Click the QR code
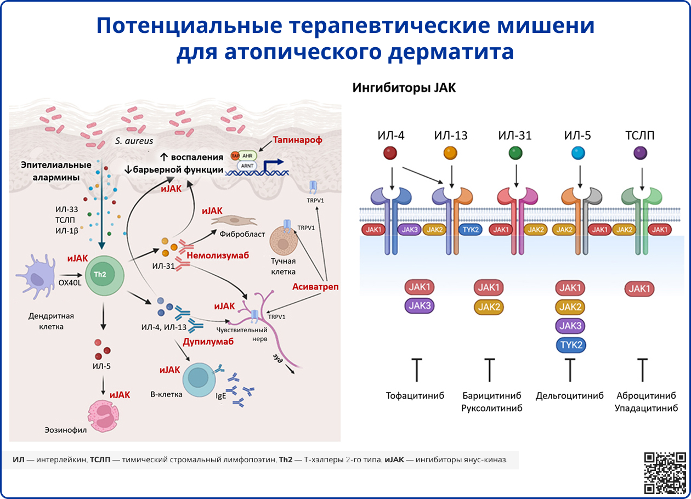[665, 472]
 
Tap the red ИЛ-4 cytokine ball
[390, 153]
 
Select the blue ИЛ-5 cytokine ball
[577, 153]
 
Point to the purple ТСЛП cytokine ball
[639, 153]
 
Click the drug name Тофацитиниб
[415, 395]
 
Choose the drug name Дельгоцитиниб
[569, 395]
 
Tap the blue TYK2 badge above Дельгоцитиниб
[570, 345]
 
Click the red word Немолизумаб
[218, 256]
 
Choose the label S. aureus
[134, 141]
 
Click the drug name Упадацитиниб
[646, 409]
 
